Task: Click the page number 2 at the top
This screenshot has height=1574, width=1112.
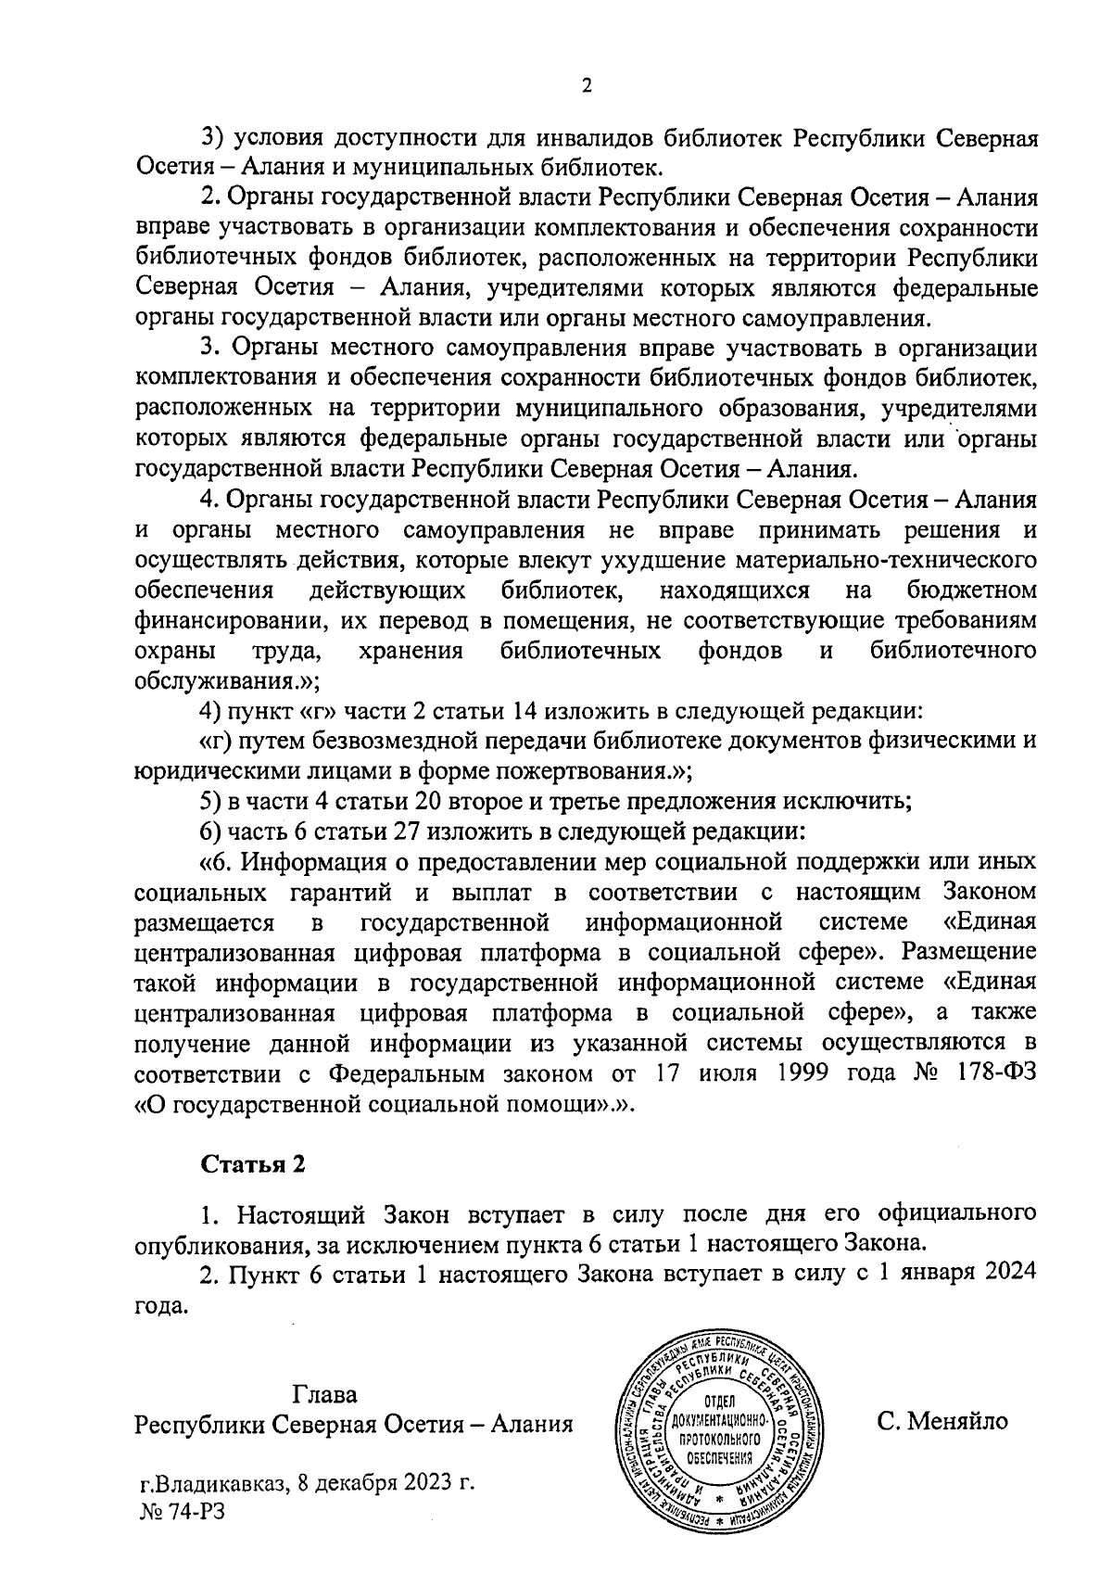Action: [586, 86]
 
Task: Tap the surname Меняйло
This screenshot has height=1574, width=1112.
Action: [959, 1421]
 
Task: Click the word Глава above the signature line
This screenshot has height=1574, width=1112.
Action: [324, 1393]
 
